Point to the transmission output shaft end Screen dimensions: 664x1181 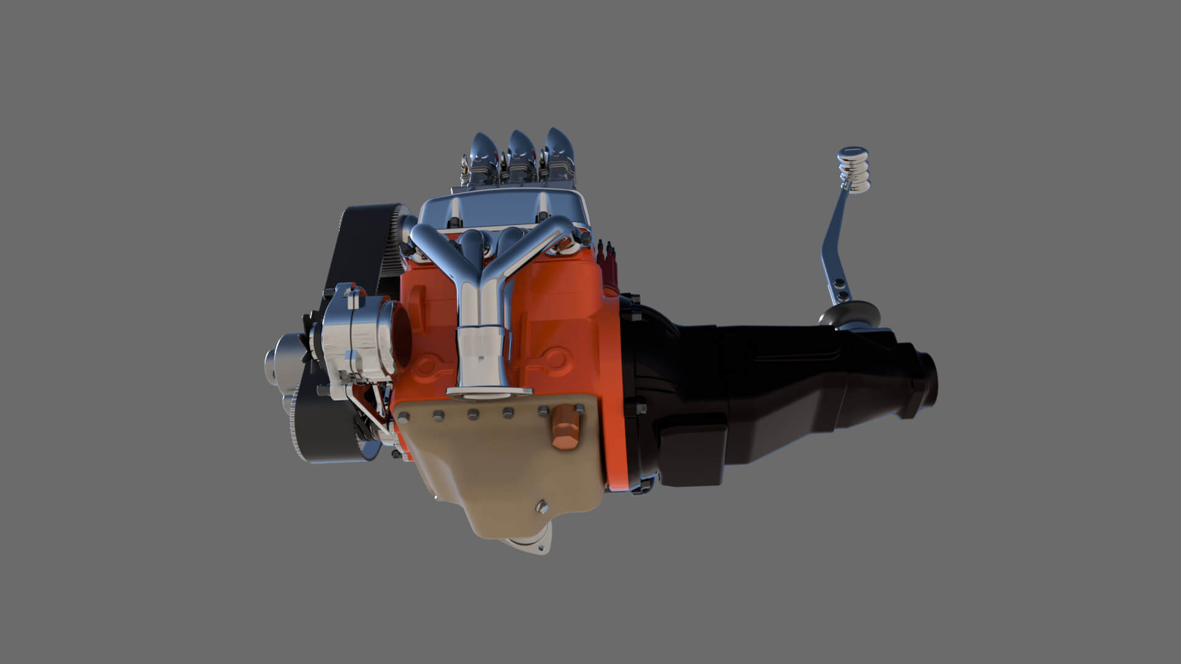[926, 381]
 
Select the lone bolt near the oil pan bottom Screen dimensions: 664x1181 [541, 506]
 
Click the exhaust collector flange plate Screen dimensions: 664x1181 [488, 391]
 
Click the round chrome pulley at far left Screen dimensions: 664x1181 [280, 357]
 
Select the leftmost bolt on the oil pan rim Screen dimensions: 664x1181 [405, 419]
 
